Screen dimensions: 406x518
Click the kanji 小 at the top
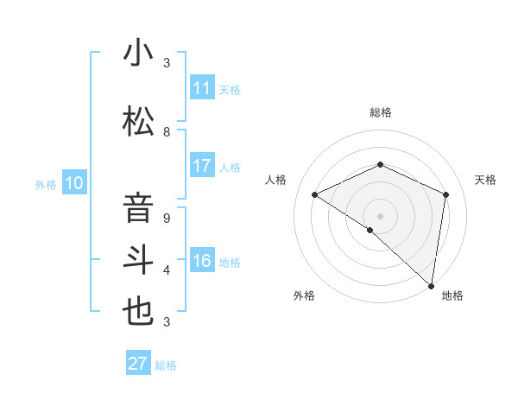point(138,53)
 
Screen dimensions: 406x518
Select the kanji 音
point(138,208)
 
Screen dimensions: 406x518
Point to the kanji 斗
point(138,260)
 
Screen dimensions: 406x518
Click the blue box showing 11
point(202,88)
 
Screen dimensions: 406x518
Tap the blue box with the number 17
point(202,166)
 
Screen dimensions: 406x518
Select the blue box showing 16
point(202,262)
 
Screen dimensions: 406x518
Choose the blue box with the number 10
point(74,183)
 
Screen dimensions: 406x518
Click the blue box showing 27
point(138,364)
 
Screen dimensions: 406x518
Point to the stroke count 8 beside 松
point(167,131)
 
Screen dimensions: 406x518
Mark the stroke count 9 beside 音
point(167,219)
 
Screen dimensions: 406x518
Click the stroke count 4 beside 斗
point(167,270)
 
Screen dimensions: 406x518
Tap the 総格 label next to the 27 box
point(166,365)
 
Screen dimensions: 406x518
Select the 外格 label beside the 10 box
point(46,184)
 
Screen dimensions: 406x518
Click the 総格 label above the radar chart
point(380,112)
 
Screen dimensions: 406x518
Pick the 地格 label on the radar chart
point(452,295)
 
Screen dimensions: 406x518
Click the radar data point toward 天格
point(446,194)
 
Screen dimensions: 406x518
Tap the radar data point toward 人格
point(315,194)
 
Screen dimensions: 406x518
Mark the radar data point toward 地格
point(431,284)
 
